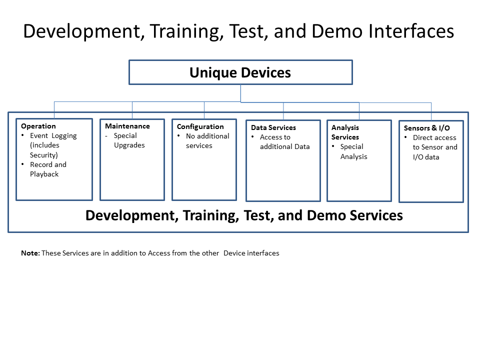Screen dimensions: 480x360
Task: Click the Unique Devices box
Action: [x=240, y=72]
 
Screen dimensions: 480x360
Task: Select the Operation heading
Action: [x=38, y=126]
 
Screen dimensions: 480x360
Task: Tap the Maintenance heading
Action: [x=127, y=126]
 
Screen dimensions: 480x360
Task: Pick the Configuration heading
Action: [x=200, y=126]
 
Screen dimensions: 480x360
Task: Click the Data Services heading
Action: [x=273, y=127]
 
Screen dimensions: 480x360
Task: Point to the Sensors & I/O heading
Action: [x=426, y=128]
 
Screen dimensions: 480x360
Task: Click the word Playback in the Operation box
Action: [x=44, y=174]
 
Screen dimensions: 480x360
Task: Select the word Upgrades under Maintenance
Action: [x=129, y=145]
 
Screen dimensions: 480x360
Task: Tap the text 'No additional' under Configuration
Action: [x=207, y=136]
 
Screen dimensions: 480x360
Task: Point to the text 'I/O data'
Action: [x=426, y=157]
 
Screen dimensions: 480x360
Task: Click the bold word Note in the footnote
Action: [x=30, y=253]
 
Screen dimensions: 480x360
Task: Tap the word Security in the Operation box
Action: [x=44, y=155]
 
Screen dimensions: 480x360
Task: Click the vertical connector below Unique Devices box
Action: [x=240, y=93]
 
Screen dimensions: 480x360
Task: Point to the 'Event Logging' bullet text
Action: [x=53, y=136]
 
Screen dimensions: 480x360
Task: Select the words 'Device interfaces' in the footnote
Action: [x=251, y=253]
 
